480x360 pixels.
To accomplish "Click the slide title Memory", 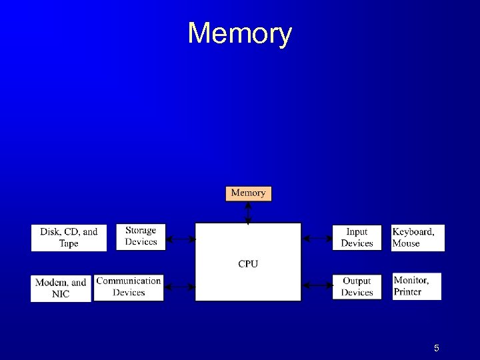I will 239,33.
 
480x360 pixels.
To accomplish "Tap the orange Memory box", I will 248,193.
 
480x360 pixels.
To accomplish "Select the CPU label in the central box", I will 248,264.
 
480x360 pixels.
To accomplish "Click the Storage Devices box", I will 141,237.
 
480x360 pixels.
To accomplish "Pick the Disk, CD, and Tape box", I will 69,238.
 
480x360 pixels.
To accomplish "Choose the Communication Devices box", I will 129,287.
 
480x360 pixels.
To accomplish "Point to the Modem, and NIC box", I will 61,288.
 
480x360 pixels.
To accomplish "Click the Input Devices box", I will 357,237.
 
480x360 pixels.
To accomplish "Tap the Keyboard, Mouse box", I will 417,237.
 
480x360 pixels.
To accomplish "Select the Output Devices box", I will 357,287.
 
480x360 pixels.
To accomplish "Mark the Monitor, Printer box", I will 417,286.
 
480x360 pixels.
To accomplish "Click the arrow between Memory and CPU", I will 248,212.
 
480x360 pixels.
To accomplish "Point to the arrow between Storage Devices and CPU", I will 179,238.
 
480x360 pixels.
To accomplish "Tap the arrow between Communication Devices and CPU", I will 179,287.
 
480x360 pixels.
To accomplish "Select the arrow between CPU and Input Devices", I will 317,238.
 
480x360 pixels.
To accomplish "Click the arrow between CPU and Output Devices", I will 317,285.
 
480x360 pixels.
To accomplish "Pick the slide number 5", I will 436,348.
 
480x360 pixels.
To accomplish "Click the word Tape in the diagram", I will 69,243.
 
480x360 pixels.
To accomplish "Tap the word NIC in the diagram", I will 61,294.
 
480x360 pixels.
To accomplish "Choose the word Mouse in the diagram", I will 406,243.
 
